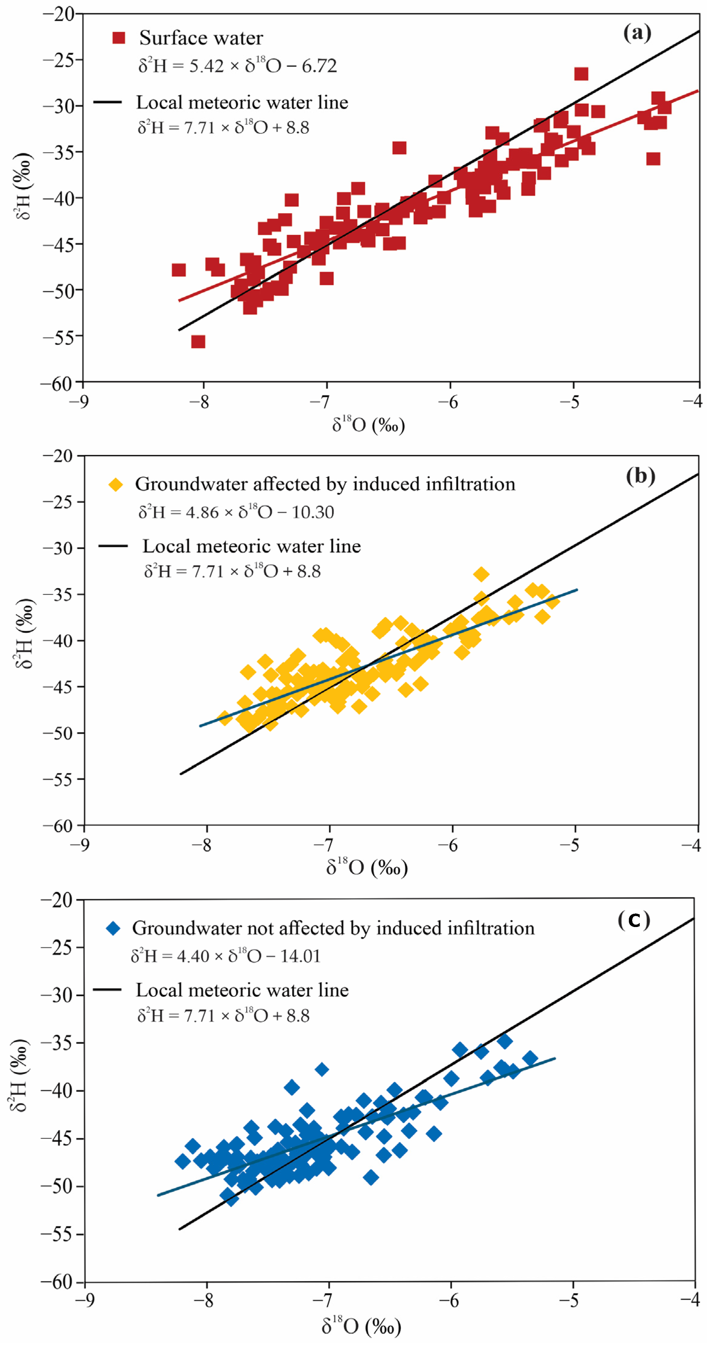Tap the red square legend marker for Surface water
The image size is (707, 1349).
coord(119,38)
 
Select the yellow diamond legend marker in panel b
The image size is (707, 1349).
coord(116,485)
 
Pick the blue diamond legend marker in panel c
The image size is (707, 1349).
coord(113,929)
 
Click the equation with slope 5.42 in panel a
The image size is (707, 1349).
coord(237,66)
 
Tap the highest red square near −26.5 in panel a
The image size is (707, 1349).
coord(581,74)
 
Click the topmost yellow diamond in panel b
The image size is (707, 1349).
coord(481,574)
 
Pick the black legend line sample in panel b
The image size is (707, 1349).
coord(113,546)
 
